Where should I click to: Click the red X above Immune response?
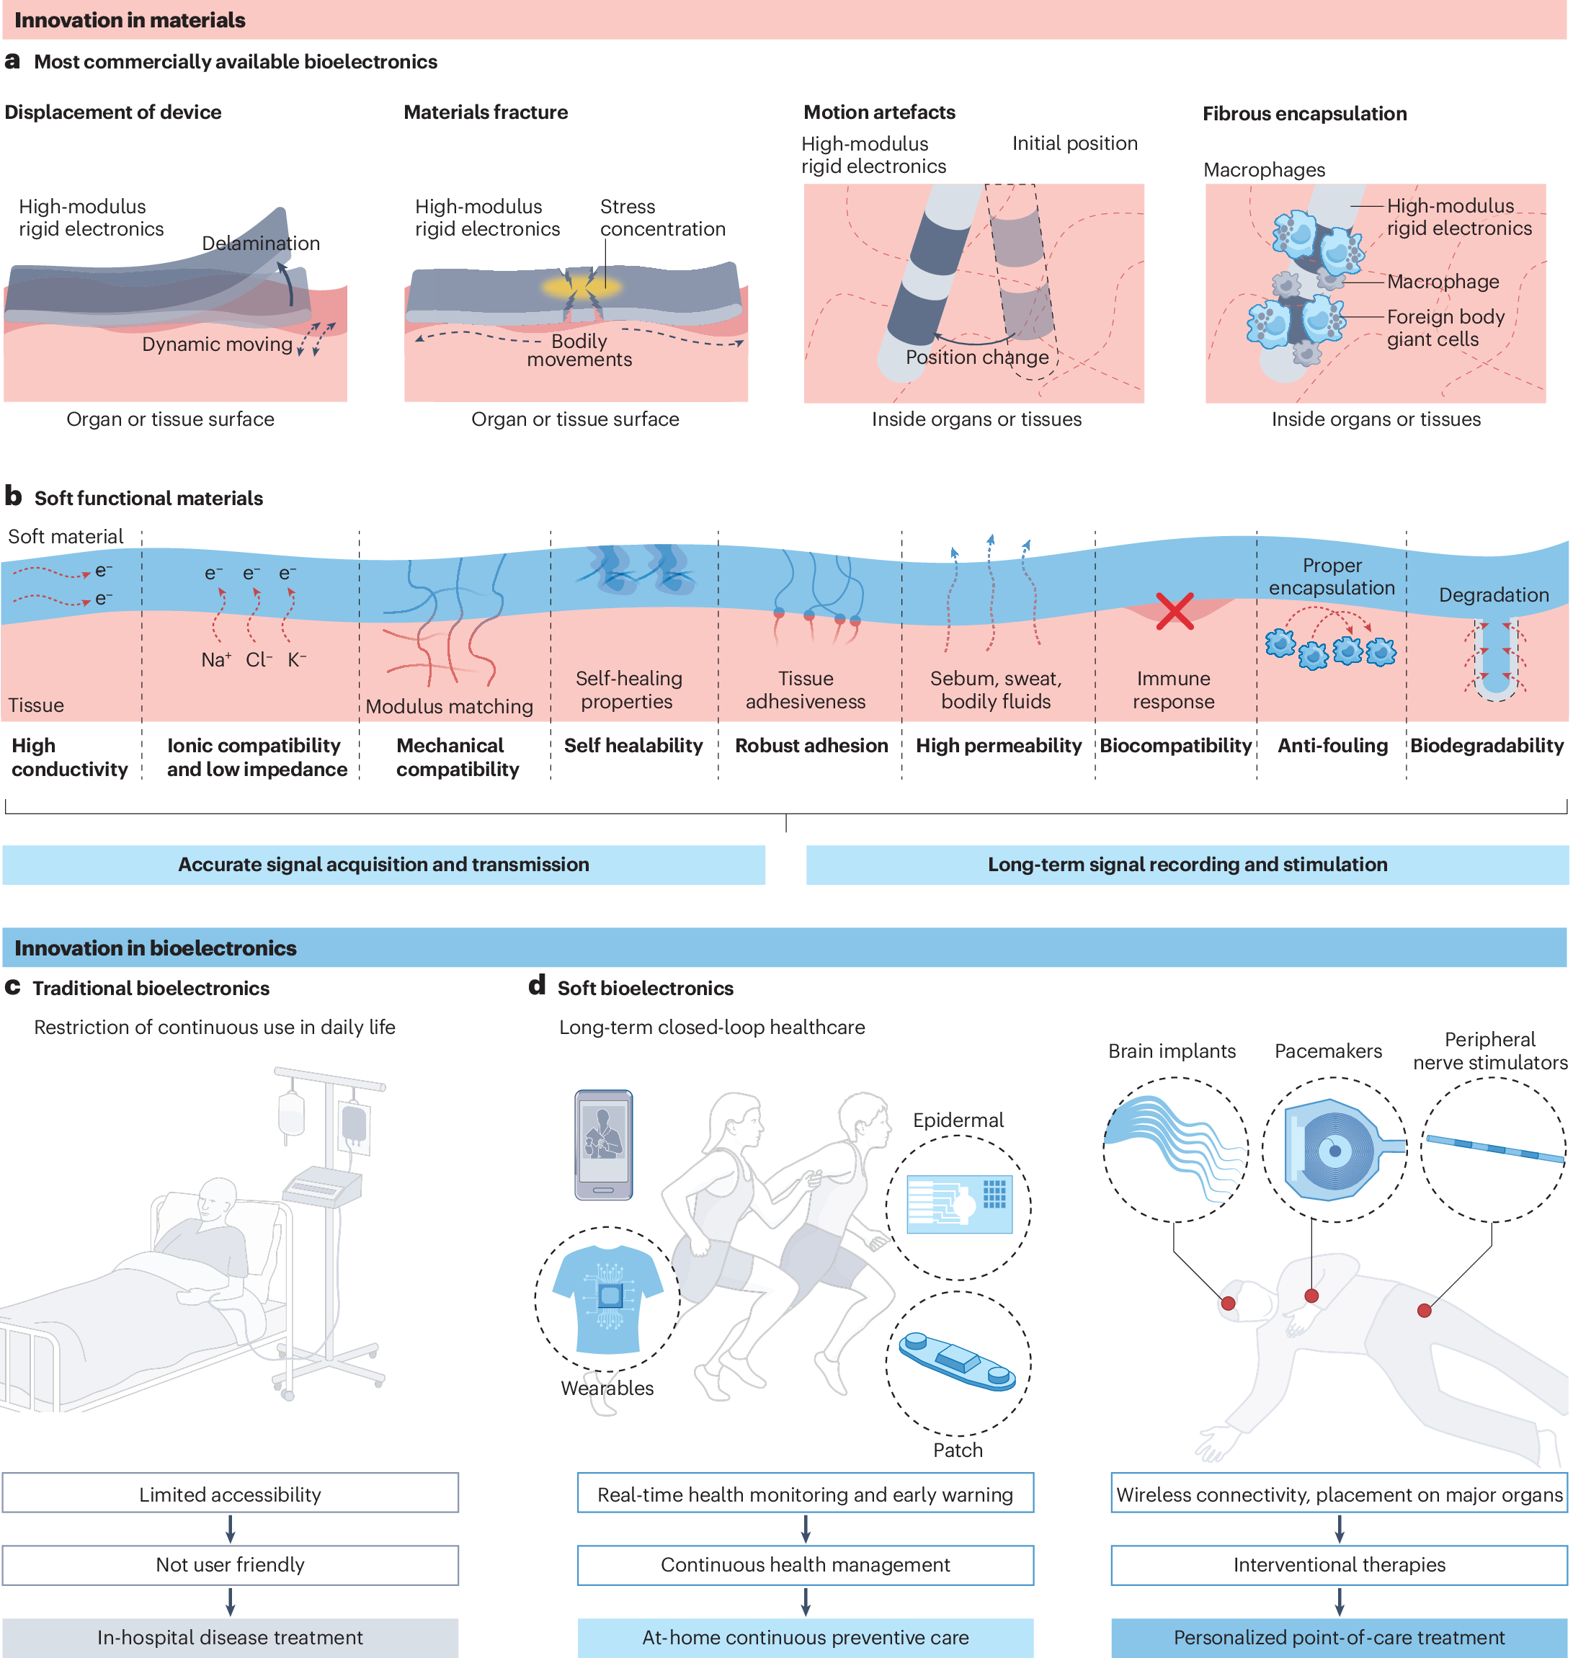tap(1174, 611)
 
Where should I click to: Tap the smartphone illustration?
tap(603, 1144)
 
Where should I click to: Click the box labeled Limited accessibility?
tap(230, 1494)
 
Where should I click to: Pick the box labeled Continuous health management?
tap(805, 1564)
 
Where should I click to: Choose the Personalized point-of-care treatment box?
tap(1338, 1637)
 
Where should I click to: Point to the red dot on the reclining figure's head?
tap(1228, 1303)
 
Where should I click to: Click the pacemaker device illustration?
tap(1334, 1149)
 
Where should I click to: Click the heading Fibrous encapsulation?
tap(1305, 114)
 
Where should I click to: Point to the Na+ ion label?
tap(215, 659)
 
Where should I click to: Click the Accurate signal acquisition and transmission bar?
tap(383, 864)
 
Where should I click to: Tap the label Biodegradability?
tap(1487, 745)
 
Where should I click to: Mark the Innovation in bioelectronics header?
tap(156, 948)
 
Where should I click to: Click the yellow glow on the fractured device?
tap(581, 287)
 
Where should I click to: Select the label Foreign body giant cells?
tap(1445, 328)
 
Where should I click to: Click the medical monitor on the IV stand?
tap(322, 1185)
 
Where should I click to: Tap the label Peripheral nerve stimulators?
tap(1490, 1051)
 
